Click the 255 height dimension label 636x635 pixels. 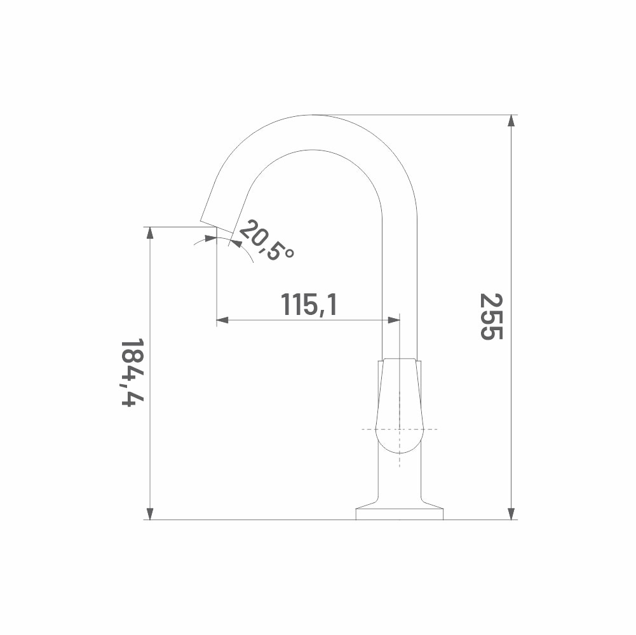pos(491,316)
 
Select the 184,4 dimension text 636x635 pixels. pos(132,373)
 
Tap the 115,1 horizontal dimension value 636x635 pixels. pos(309,305)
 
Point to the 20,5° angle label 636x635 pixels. pos(266,240)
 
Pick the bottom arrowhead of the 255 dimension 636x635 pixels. pos(511,513)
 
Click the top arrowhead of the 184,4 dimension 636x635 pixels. pos(150,233)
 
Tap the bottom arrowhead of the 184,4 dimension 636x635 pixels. pos(150,513)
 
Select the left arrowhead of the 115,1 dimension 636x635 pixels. pos(222,320)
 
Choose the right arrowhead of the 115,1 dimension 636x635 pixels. pos(394,320)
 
